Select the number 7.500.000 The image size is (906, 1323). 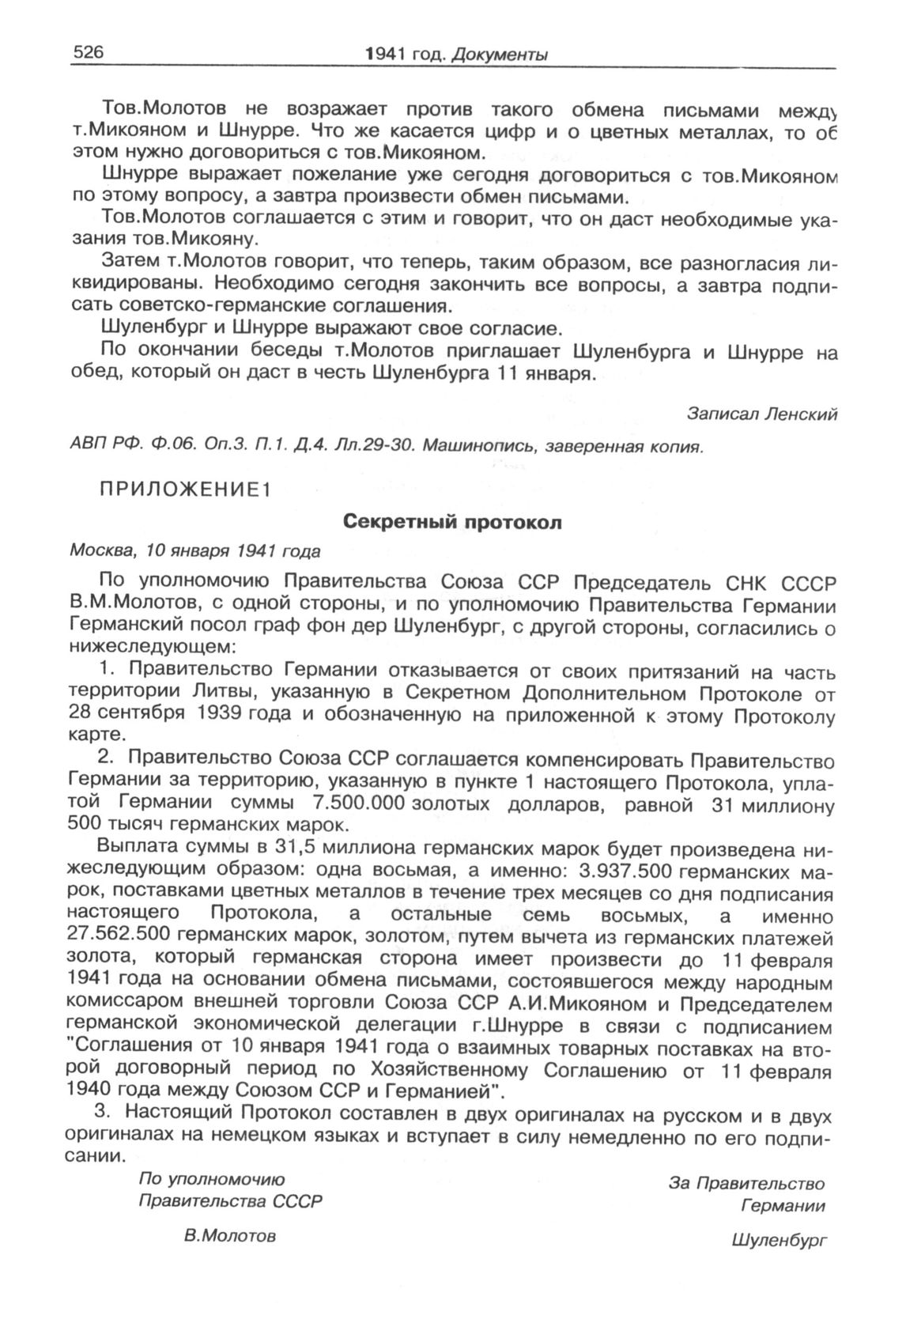click(x=359, y=804)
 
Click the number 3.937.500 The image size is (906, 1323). click(x=625, y=871)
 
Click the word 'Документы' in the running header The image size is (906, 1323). click(x=501, y=55)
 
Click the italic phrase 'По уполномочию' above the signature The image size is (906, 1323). click(x=211, y=1178)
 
